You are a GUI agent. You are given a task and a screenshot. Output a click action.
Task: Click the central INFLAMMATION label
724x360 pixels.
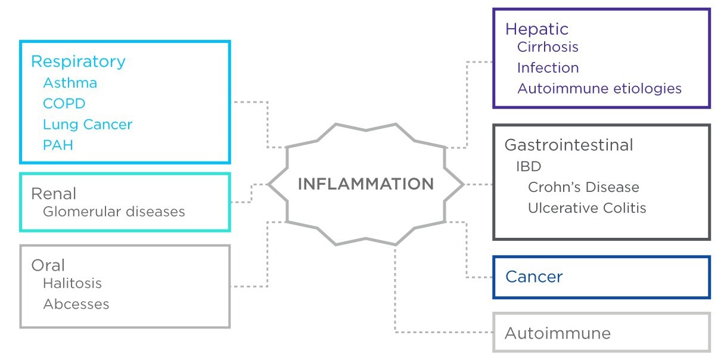(x=365, y=184)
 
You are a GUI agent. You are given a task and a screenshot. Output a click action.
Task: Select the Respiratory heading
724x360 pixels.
(x=78, y=61)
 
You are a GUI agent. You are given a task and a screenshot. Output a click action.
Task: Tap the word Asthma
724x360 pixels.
(x=70, y=83)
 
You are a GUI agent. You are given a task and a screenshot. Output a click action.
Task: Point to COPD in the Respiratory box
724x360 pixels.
(x=64, y=104)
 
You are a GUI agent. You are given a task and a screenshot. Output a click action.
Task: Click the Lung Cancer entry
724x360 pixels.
(x=88, y=125)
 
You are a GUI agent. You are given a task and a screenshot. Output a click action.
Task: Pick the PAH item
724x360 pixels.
(x=58, y=145)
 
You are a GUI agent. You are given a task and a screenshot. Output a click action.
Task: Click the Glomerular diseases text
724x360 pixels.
(x=114, y=212)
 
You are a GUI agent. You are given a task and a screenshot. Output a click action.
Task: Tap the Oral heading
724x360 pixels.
(x=48, y=265)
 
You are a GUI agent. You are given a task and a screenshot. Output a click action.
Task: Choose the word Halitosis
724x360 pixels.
(x=72, y=284)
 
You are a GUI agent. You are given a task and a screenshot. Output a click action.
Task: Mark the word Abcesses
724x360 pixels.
(x=76, y=304)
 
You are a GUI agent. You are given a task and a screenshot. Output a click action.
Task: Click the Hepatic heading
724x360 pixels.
(x=536, y=29)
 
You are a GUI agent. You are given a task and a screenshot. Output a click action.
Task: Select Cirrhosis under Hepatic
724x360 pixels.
(x=547, y=46)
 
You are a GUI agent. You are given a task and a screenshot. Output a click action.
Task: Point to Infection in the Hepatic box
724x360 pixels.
(x=548, y=68)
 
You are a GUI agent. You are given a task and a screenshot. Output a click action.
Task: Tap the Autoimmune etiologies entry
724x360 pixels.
(x=599, y=89)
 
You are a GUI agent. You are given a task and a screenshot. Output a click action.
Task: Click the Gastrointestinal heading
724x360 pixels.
(x=568, y=145)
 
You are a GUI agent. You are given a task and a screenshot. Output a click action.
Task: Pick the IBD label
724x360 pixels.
(x=528, y=166)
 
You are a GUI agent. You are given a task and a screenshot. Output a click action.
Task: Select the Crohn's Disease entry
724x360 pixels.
(x=583, y=187)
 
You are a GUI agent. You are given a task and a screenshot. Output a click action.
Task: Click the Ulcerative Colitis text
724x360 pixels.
(x=587, y=208)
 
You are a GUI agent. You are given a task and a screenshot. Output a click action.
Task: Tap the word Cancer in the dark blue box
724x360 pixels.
(x=534, y=277)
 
